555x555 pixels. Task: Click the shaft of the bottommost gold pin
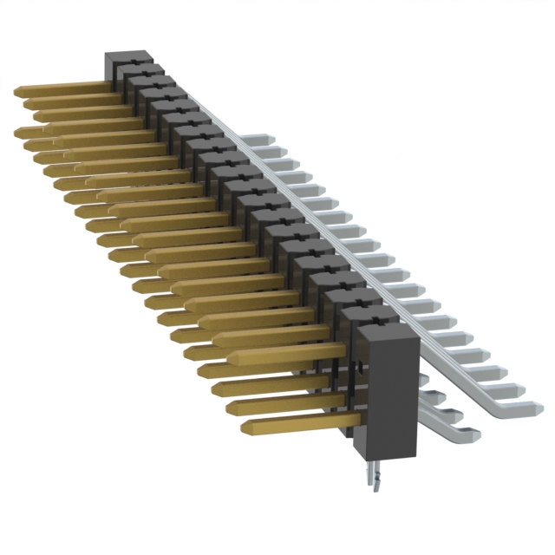[304, 422]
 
